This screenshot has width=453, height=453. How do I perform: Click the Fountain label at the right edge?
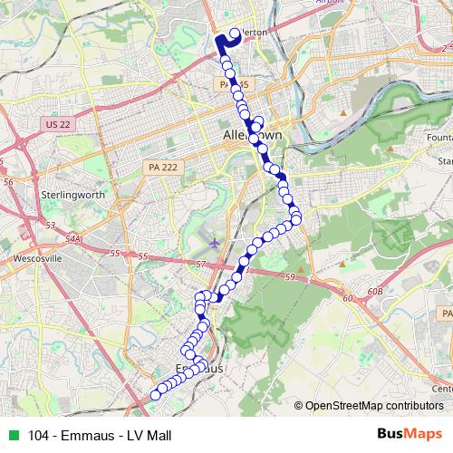click(x=440, y=137)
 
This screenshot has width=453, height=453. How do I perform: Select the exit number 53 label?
click(x=50, y=223)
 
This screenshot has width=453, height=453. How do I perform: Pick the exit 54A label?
click(x=72, y=238)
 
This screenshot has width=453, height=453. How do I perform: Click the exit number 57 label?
click(x=201, y=263)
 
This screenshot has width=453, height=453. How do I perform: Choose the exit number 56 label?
click(x=9, y=182)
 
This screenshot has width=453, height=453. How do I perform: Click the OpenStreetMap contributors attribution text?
click(x=372, y=405)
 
